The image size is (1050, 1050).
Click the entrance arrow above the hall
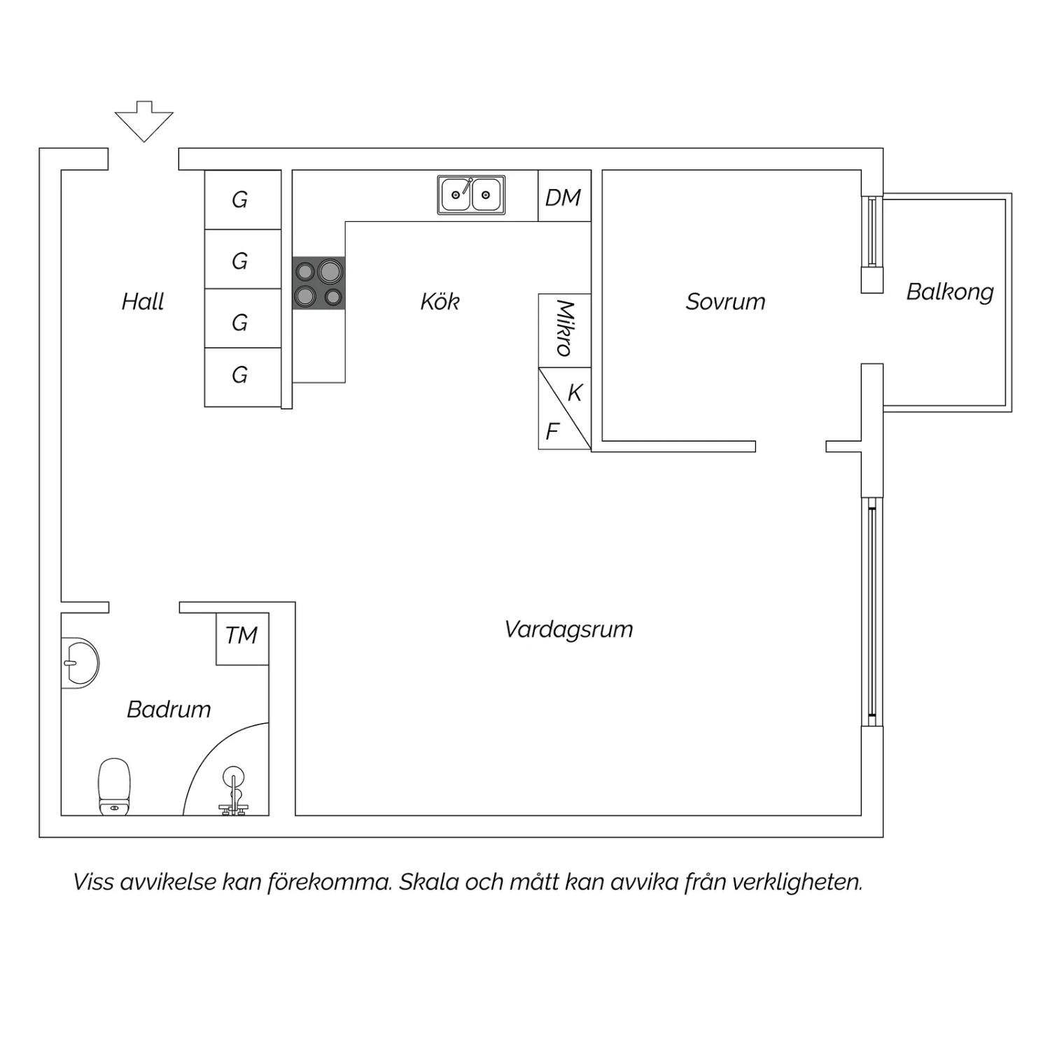tap(143, 120)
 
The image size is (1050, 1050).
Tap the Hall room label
tap(142, 302)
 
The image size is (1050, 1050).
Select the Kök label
tap(440, 302)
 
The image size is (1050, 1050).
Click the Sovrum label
tap(725, 302)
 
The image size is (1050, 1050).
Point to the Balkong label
tap(950, 291)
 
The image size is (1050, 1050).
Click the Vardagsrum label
tap(568, 629)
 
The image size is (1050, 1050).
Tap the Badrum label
tap(169, 709)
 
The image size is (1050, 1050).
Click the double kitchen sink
tap(471, 195)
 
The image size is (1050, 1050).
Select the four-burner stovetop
tap(318, 283)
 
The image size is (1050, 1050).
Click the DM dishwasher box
tap(563, 197)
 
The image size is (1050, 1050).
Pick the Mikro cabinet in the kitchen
tap(564, 329)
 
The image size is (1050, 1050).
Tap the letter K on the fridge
tap(575, 393)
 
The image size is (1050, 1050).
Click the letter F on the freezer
tap(552, 431)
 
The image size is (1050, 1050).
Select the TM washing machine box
tap(241, 636)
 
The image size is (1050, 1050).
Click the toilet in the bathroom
tap(114, 787)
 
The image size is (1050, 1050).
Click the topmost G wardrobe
tap(240, 200)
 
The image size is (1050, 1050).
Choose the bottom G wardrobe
tap(240, 375)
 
